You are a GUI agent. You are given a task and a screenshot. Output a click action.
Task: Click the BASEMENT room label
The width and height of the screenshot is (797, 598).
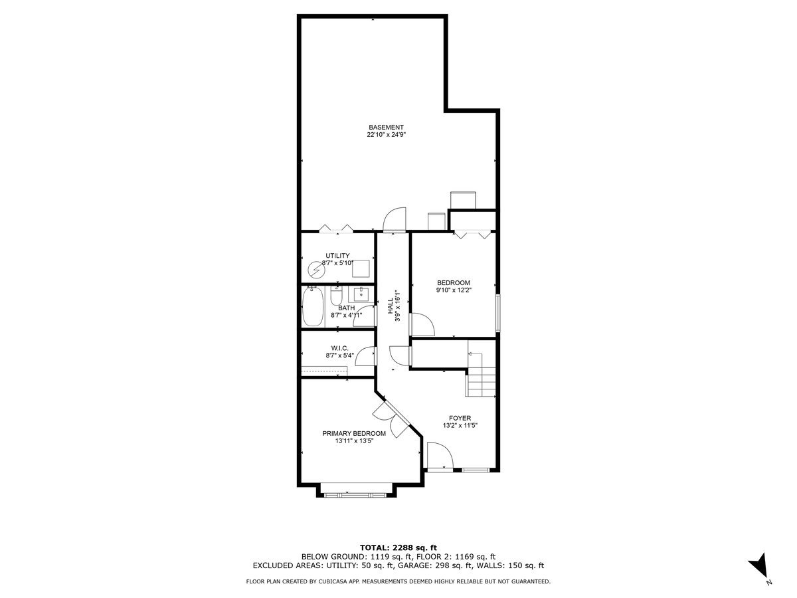[386, 127]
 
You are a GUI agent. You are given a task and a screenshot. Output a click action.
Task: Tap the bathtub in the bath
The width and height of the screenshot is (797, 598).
[313, 308]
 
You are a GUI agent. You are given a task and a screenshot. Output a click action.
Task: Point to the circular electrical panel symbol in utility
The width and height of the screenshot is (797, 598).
[314, 270]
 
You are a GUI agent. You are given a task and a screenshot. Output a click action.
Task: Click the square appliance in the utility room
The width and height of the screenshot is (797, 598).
[361, 268]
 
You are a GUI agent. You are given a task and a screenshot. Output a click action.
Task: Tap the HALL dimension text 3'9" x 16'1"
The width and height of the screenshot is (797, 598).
[398, 306]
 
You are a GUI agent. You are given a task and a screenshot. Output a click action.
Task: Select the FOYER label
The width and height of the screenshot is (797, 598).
[460, 419]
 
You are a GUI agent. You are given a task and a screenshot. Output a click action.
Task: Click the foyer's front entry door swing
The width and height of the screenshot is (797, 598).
[440, 457]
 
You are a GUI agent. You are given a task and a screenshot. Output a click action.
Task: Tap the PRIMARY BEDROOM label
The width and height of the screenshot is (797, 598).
[354, 433]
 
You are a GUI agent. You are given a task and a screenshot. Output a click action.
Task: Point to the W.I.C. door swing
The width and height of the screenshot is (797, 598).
[364, 357]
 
